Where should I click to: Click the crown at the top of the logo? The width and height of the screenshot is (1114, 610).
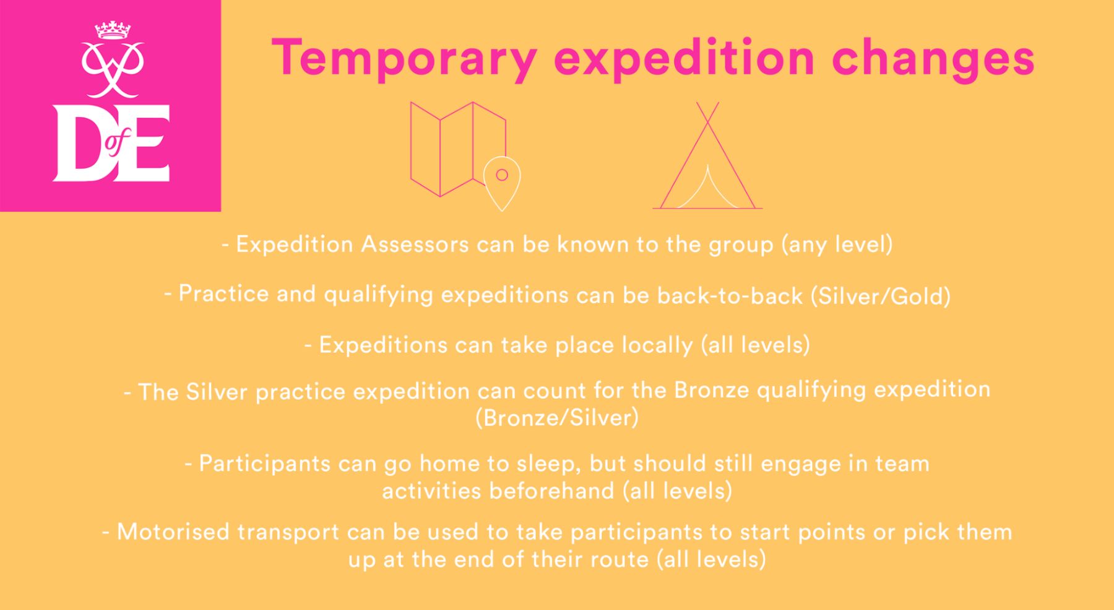click(113, 30)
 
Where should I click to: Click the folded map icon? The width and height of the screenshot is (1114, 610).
click(458, 149)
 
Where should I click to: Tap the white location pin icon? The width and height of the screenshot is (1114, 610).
click(502, 183)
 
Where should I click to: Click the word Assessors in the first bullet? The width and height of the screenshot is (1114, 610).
click(415, 244)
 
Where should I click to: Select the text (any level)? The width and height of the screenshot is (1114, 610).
click(837, 245)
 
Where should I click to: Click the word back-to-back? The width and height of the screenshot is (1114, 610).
click(730, 295)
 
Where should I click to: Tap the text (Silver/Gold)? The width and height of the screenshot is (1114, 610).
click(881, 296)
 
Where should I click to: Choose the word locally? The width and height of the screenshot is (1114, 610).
click(657, 345)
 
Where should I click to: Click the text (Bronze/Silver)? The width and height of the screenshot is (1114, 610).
click(557, 417)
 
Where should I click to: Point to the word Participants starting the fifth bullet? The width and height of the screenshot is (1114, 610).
click(265, 464)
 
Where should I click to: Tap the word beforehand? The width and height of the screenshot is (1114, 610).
click(551, 490)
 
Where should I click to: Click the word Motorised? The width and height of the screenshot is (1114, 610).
click(173, 532)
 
